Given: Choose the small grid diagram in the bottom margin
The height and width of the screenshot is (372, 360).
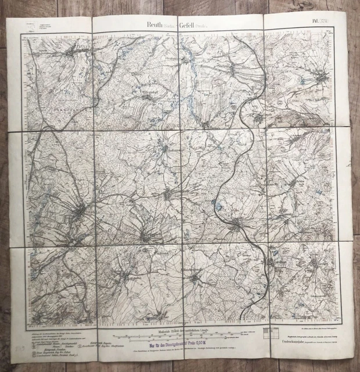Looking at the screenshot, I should tap(271, 332).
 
